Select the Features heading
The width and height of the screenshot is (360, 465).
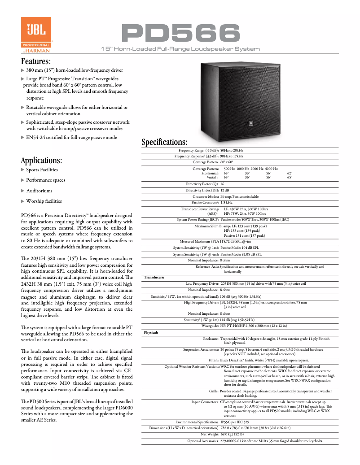point(36,61)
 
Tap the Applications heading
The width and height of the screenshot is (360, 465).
point(41,160)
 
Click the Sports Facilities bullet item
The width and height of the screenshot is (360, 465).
point(42,170)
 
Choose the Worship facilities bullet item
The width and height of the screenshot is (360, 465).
point(44,201)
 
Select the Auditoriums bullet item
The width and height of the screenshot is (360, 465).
point(39,191)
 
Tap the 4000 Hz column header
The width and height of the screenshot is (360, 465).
point(271,168)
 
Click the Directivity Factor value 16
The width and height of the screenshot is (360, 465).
point(222,184)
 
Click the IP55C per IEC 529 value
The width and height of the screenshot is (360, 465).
point(235,422)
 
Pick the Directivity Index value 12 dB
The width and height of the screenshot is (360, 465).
point(224,191)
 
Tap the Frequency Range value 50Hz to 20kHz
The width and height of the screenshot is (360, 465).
point(232,150)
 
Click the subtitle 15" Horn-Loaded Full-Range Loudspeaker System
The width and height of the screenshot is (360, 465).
point(180,48)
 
